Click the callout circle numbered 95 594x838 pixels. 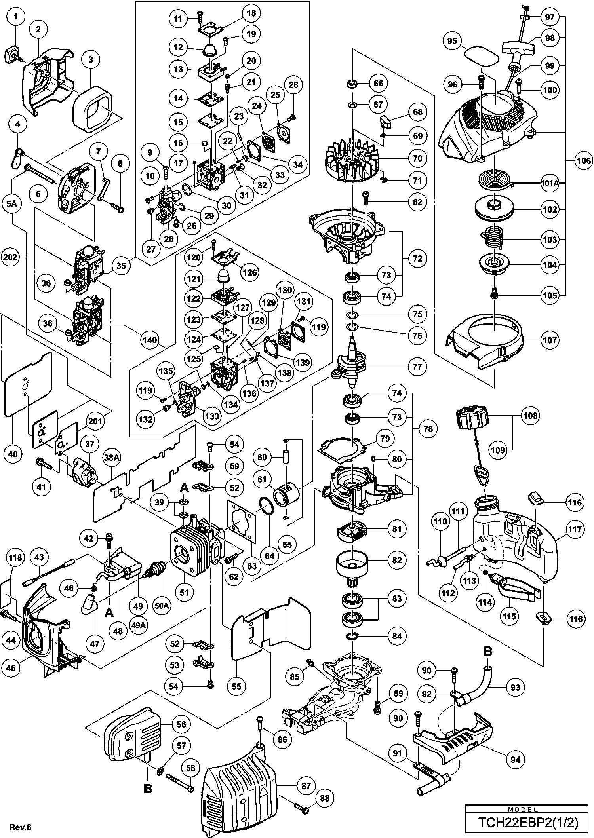452,41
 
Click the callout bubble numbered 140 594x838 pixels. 150,340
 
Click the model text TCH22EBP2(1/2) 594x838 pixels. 528,823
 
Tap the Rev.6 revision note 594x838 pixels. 20,827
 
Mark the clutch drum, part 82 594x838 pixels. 352,565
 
